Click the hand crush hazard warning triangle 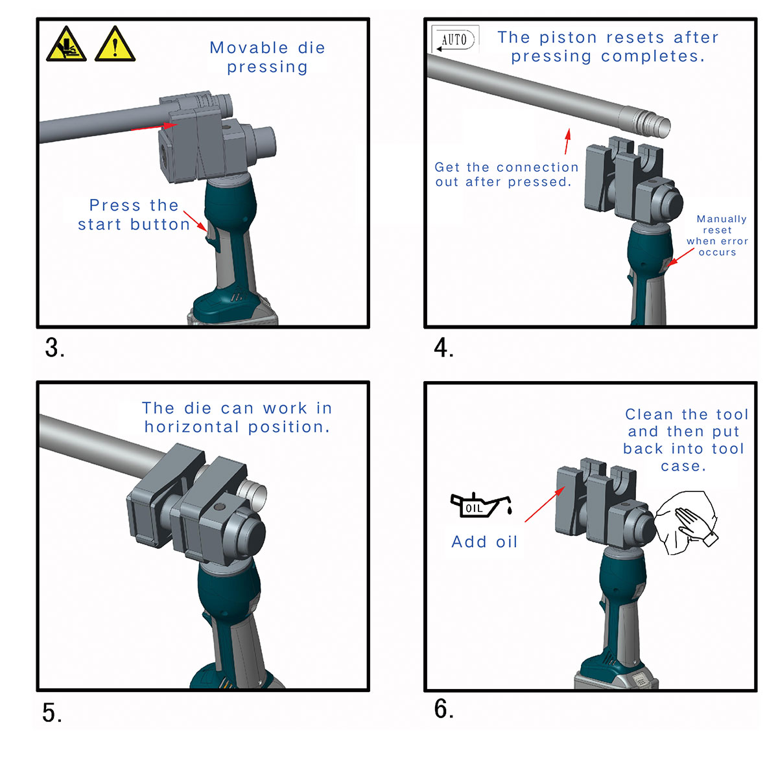pos(66,44)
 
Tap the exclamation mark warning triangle pos(115,44)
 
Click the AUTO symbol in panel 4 pos(455,39)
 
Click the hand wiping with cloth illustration pos(686,524)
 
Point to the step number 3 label pos(54,348)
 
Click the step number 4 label pos(443,348)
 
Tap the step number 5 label pos(53,713)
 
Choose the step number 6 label pos(443,709)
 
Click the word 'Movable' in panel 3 pos(249,48)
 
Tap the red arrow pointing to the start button pos(196,221)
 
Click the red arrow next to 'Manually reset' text pos(681,257)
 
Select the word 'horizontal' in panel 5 pos(192,427)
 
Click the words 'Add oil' pos(484,542)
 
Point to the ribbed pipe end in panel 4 pos(645,122)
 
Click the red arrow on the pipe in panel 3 pos(154,127)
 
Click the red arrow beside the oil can pos(545,504)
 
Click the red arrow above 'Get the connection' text pos(567,141)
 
